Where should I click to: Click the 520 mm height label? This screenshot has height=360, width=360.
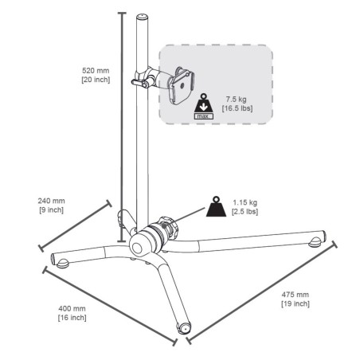[96, 71]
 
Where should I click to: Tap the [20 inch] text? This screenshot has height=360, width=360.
[96, 80]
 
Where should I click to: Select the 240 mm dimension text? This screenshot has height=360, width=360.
[51, 201]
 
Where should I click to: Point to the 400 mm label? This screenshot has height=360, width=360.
[72, 308]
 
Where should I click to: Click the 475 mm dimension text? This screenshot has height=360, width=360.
[295, 295]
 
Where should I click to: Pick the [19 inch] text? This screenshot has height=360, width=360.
[295, 303]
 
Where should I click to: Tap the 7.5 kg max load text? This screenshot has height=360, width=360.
[236, 100]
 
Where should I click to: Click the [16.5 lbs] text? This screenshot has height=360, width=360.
[237, 108]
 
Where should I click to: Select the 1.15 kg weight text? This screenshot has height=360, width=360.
[245, 202]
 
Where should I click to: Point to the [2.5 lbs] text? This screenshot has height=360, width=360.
[245, 212]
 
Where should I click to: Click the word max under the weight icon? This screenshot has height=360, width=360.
[204, 116]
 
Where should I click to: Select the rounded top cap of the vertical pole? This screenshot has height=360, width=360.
[143, 17]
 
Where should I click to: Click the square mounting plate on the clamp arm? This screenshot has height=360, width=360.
[182, 87]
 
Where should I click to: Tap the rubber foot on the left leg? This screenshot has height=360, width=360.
[62, 264]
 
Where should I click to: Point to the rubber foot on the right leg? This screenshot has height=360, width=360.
[315, 241]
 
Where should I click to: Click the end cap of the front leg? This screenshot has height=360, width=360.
[184, 327]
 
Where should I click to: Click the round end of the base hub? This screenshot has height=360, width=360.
[138, 248]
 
